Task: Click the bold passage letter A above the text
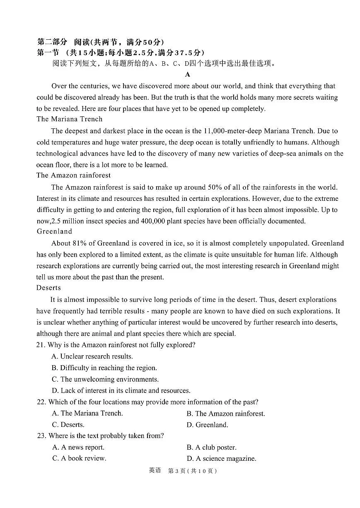click(188, 75)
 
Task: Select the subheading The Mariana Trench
click(69, 119)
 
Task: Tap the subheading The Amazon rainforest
click(73, 175)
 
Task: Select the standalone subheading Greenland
click(54, 231)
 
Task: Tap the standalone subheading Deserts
click(48, 288)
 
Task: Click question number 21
click(41, 345)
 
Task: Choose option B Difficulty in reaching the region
click(104, 368)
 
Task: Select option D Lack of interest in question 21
click(121, 390)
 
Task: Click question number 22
click(41, 402)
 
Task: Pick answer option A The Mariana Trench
click(87, 413)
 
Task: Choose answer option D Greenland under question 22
click(207, 425)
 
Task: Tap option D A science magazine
click(221, 458)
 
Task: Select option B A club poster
click(211, 447)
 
